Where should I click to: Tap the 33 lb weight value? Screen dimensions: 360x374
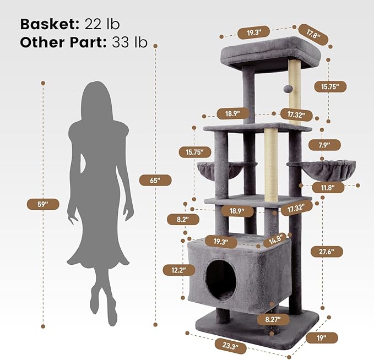[x=131, y=42]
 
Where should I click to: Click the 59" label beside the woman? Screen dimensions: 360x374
[x=43, y=204]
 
